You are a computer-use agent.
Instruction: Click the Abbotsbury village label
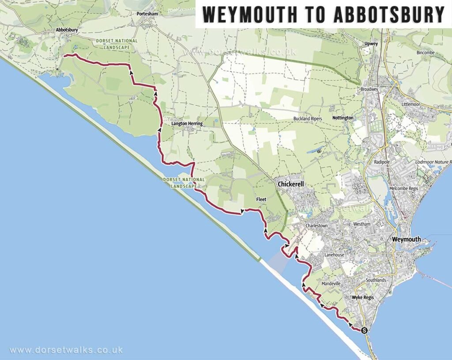click(x=67, y=30)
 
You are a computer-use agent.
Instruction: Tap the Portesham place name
click(x=147, y=14)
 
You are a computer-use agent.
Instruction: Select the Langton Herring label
click(x=187, y=124)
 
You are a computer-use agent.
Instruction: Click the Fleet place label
click(x=261, y=199)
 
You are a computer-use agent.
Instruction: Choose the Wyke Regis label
click(x=362, y=297)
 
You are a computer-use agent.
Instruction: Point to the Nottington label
click(x=343, y=118)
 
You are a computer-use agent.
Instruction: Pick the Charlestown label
click(x=317, y=226)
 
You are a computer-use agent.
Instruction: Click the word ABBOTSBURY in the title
click(x=389, y=15)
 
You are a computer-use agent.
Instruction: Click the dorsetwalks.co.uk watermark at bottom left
click(x=66, y=350)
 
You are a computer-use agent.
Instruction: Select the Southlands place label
click(x=376, y=280)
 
